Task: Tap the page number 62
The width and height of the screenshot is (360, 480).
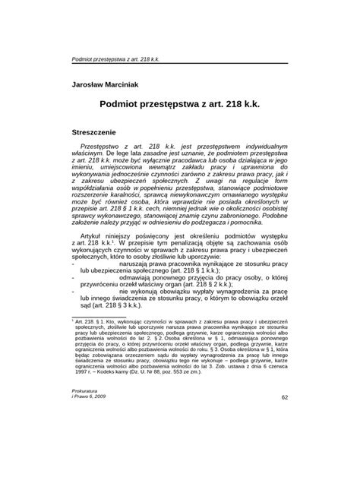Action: pyautogui.click(x=285, y=440)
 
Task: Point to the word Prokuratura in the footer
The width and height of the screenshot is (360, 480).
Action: pyautogui.click(x=84, y=431)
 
